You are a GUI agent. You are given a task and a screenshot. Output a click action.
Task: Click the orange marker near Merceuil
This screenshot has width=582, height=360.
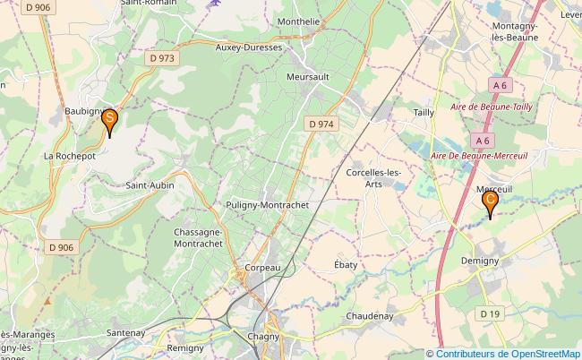pyautogui.click(x=490, y=203)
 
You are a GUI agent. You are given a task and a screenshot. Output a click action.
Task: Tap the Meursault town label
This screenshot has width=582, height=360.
pyautogui.click(x=307, y=77)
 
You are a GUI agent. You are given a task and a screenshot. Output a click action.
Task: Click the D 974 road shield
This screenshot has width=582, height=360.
pyautogui.click(x=320, y=124)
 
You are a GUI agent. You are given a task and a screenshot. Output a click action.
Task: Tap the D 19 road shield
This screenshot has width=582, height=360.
pyautogui.click(x=488, y=313)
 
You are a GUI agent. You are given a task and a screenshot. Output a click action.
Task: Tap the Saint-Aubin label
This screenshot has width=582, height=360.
pyautogui.click(x=150, y=185)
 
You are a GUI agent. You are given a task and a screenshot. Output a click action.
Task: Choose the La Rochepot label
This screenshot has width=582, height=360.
pyautogui.click(x=70, y=155)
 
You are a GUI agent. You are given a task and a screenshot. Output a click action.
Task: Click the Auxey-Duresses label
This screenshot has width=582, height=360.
pyautogui.click(x=249, y=47)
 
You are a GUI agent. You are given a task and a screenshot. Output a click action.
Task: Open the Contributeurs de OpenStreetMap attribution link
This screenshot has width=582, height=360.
pyautogui.click(x=508, y=353)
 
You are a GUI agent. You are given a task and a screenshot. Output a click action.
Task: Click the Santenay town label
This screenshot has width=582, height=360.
pyautogui.click(x=127, y=332)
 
